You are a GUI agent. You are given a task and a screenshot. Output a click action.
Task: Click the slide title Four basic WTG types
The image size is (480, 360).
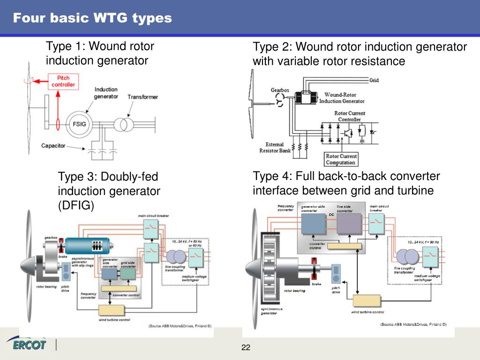(x=92, y=18)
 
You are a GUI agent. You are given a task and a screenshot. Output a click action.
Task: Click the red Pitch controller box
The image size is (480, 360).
(x=63, y=81)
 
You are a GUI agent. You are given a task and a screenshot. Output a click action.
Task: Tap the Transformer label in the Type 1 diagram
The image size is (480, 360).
(x=143, y=97)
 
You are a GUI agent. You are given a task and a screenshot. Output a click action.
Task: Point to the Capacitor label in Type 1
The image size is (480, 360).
(x=53, y=146)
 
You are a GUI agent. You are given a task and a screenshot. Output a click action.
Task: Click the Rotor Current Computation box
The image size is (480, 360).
(x=341, y=159)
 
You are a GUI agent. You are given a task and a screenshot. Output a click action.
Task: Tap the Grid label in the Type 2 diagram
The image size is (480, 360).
(x=374, y=80)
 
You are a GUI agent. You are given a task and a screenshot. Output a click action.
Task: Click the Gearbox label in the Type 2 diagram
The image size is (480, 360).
(x=280, y=90)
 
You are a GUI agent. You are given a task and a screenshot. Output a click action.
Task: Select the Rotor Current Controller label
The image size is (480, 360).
(x=350, y=116)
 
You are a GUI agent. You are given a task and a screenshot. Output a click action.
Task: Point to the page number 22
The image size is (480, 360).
(x=246, y=347)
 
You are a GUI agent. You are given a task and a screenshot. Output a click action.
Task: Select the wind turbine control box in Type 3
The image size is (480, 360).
(x=112, y=310)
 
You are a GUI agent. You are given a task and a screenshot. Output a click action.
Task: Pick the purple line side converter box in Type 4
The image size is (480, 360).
(x=349, y=224)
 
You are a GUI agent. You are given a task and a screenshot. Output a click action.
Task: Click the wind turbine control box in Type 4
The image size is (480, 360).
(x=367, y=300)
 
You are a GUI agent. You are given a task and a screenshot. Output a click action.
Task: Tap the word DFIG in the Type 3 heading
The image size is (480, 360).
(x=75, y=205)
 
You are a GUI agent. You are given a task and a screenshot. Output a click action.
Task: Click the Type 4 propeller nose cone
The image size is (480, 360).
(x=253, y=270)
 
